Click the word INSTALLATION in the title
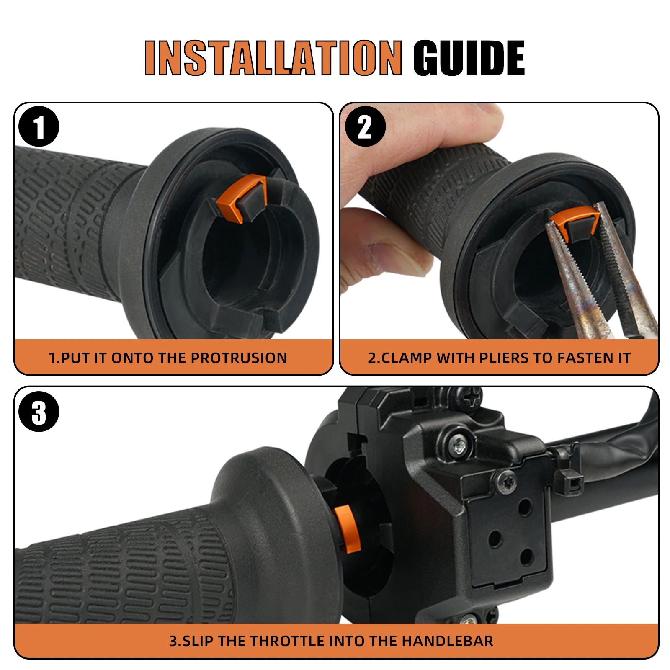(273, 58)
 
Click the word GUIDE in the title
(469, 58)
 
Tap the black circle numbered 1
(39, 126)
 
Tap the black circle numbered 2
(365, 126)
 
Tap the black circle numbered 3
(39, 411)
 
